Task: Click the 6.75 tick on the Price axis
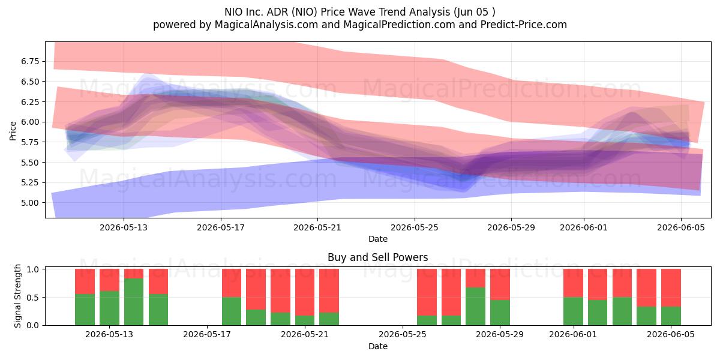30,61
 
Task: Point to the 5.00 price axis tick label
30,203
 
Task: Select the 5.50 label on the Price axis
30,163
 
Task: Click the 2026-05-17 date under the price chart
221,227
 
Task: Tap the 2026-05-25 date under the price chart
415,227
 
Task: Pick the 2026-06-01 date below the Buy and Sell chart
573,335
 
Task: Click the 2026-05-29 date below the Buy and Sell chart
500,335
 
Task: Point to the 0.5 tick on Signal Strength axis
33,298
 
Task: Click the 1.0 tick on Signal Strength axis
33,269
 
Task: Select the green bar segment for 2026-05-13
109,308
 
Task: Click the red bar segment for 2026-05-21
305,292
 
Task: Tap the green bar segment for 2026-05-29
500,313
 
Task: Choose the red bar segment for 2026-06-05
671,287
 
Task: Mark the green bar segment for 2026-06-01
573,311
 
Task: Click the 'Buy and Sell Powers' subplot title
377,257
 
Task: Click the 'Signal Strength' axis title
17,296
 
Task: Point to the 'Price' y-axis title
13,131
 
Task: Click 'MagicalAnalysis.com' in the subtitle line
266,25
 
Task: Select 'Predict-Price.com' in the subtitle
524,25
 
